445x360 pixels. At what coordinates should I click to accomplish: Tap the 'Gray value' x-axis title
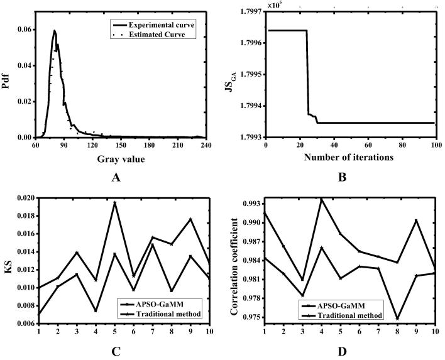[x=121, y=160]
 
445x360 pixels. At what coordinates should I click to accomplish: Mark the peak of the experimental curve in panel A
[x=55, y=30]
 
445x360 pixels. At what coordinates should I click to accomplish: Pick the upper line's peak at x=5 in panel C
[x=114, y=203]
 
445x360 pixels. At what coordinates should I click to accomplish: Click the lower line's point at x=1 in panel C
[x=39, y=314]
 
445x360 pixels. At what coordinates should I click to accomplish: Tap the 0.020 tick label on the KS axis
[x=23, y=197]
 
